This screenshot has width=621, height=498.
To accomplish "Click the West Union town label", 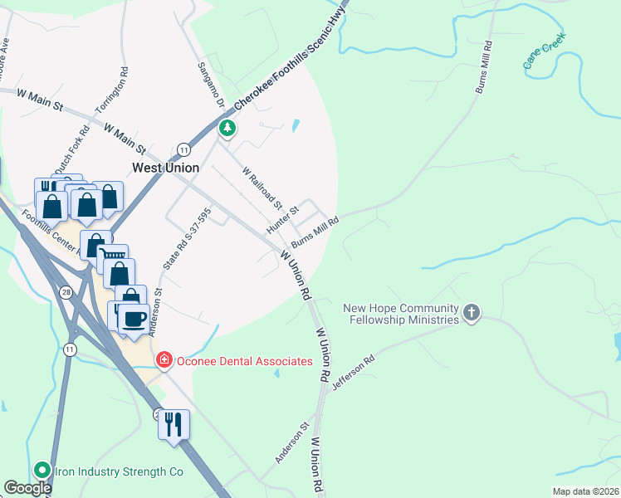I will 166,168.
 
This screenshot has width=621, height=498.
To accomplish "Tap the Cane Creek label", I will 543,51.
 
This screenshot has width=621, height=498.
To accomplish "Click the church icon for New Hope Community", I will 472,312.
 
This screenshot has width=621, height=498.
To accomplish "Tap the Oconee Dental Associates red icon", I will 164,360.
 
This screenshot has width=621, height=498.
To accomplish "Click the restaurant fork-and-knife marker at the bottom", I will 174,424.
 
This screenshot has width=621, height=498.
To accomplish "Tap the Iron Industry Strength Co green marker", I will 42,470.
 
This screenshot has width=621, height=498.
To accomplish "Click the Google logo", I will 28,488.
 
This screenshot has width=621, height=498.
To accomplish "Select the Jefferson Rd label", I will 354,373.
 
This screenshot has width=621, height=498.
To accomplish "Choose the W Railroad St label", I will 262,188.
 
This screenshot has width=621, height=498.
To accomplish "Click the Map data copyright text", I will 586,491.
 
